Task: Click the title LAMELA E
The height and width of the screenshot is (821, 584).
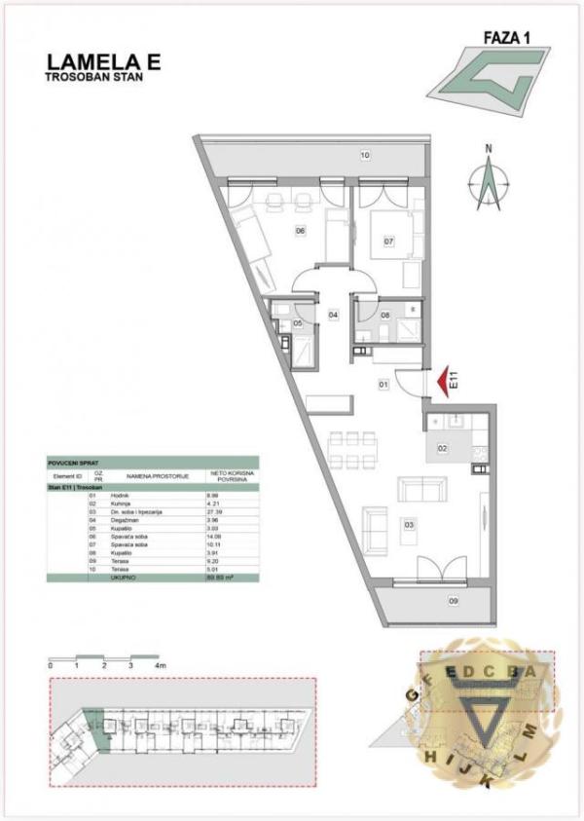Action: point(103,61)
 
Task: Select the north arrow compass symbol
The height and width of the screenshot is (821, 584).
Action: point(491,180)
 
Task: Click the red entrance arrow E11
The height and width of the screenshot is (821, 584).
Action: point(445,379)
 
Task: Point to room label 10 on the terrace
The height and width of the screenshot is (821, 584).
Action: point(366,156)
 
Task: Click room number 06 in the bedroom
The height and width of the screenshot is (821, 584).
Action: point(301,231)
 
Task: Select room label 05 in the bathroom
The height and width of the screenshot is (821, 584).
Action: point(298,322)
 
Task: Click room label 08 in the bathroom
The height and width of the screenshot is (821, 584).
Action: point(384,315)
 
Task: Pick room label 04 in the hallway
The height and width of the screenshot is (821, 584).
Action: point(333,315)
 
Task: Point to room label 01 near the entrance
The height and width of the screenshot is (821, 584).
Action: point(383,385)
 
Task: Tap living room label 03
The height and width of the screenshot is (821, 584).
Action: point(410,526)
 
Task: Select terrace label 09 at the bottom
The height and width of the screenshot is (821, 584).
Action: point(454,601)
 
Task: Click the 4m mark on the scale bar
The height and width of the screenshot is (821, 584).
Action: point(160,664)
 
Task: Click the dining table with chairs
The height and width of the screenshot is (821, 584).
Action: point(352,451)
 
